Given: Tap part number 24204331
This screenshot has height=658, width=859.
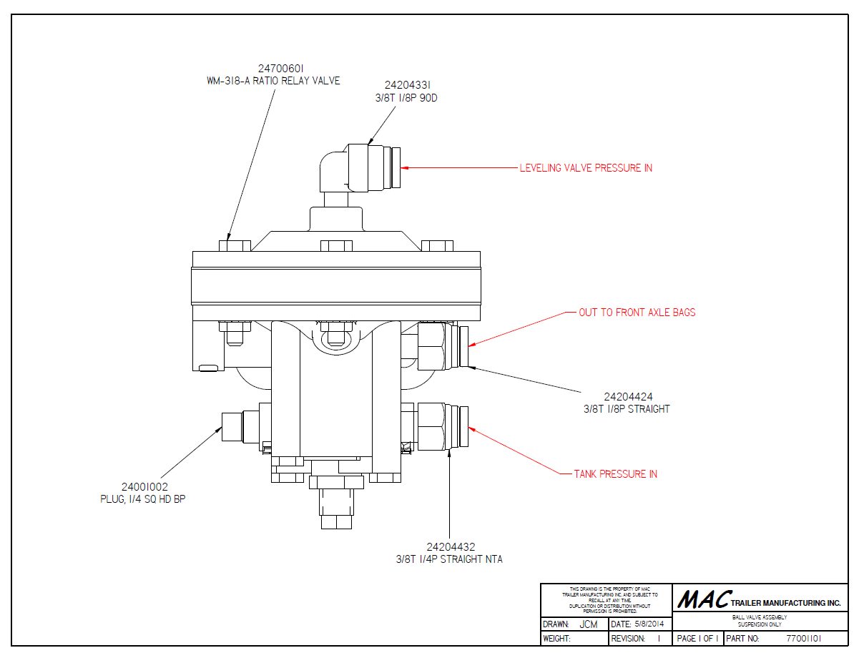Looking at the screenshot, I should coord(406,85).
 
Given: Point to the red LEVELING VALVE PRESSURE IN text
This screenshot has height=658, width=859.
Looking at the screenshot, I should coord(586,168).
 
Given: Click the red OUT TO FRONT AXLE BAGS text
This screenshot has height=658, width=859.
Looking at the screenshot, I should coord(637,313).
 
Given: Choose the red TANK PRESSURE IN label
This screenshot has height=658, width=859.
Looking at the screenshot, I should coord(615,473).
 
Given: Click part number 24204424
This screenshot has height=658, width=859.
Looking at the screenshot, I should coord(628,397).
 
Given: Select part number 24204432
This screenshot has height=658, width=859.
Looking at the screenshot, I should coord(449,547).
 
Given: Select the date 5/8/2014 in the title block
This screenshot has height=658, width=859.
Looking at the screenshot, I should coord(640,624).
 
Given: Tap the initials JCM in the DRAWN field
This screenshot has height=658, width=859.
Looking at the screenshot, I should coord(589,624).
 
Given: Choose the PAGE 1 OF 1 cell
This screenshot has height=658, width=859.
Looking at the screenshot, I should coord(697,638).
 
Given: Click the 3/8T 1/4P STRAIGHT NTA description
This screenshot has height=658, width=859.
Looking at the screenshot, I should coord(449,559).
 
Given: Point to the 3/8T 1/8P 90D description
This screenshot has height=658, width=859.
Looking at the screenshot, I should coord(406,97).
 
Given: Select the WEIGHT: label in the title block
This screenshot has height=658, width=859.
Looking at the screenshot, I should coord(556,638).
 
